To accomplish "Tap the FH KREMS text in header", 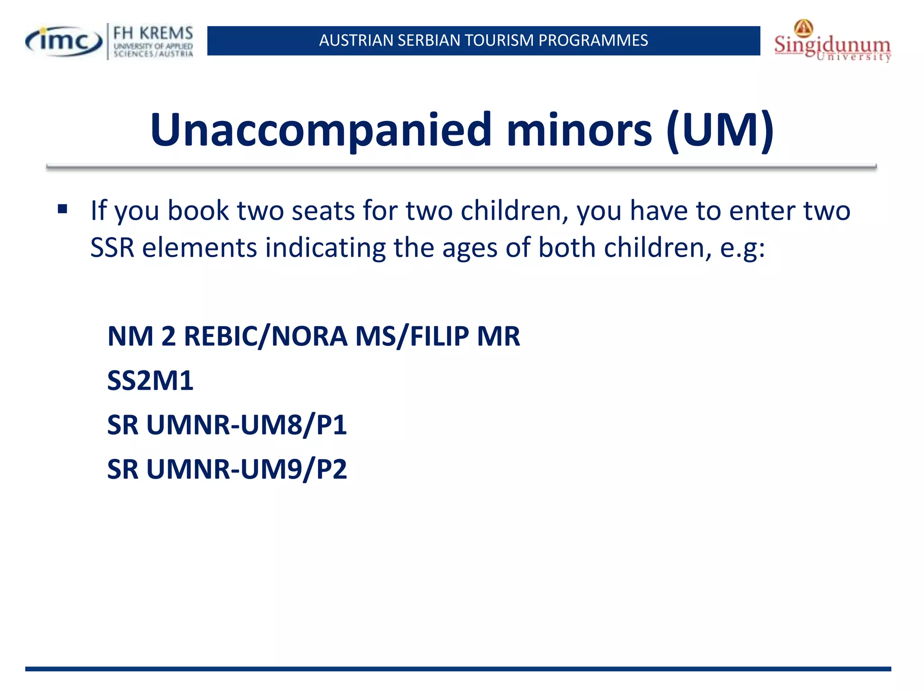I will click(x=153, y=33).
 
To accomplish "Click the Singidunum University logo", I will click(x=832, y=42).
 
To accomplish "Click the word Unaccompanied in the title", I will click(x=320, y=130).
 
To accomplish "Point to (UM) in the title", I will click(x=720, y=130).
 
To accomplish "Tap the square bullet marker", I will click(x=62, y=209).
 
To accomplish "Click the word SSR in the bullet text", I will click(x=112, y=248).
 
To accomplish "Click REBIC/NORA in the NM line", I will click(x=265, y=337).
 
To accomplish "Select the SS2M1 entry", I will click(x=150, y=380).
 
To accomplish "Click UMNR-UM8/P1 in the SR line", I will click(x=246, y=425).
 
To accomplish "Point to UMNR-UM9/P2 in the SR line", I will click(x=246, y=469).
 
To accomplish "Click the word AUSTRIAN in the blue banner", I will click(x=356, y=41).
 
